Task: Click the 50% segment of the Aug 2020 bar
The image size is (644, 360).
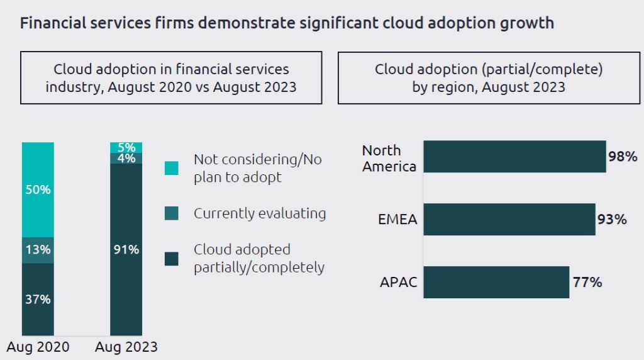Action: pyautogui.click(x=38, y=189)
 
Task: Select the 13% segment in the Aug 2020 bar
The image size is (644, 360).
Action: pyautogui.click(x=38, y=250)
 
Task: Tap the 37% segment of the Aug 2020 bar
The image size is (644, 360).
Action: pyautogui.click(x=38, y=299)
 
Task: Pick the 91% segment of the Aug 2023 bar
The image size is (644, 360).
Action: pyautogui.click(x=126, y=249)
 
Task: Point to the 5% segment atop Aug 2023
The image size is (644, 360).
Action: pyautogui.click(x=126, y=147)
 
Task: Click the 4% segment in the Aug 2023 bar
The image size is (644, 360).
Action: pyautogui.click(x=126, y=158)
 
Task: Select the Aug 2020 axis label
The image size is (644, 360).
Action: pyautogui.click(x=38, y=347)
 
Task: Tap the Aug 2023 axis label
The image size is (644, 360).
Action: pyautogui.click(x=126, y=347)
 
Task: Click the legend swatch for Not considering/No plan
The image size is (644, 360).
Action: pyautogui.click(x=171, y=168)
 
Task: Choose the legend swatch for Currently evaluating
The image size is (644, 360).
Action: pyautogui.click(x=171, y=213)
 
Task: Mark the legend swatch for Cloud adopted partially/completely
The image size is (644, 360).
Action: pyautogui.click(x=171, y=259)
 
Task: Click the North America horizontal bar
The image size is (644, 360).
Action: pyautogui.click(x=514, y=157)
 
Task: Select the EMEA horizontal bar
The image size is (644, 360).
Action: pyautogui.click(x=509, y=219)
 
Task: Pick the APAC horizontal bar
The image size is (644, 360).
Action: pyautogui.click(x=496, y=282)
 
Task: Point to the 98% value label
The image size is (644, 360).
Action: pyautogui.click(x=623, y=157)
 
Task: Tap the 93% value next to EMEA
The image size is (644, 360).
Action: pyautogui.click(x=612, y=220)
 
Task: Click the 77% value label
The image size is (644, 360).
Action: pyautogui.click(x=587, y=282)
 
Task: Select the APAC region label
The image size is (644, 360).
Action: pyautogui.click(x=398, y=282)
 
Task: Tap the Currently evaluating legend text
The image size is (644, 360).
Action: pyautogui.click(x=260, y=213)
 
